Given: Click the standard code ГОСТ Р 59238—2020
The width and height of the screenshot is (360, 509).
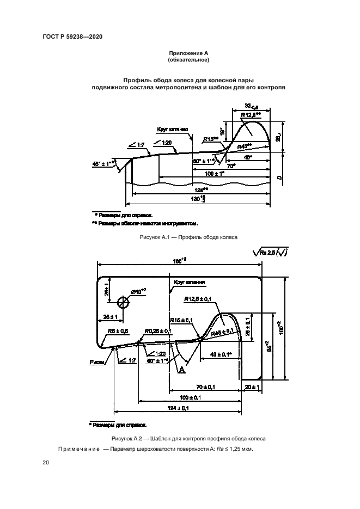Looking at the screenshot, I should [72, 36].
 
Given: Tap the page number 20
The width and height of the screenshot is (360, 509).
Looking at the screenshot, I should [46, 463].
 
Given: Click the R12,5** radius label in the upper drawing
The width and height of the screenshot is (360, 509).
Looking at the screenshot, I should [251, 114].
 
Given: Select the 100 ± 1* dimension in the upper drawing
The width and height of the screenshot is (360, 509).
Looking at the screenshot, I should [213, 173].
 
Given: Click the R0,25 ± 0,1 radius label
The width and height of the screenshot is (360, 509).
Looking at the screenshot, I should [158, 330].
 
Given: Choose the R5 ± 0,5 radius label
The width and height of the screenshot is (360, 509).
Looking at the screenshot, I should [118, 330].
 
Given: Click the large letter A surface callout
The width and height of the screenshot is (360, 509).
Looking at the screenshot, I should [181, 370].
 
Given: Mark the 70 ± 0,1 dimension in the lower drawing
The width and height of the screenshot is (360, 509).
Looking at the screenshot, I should [205, 387].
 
